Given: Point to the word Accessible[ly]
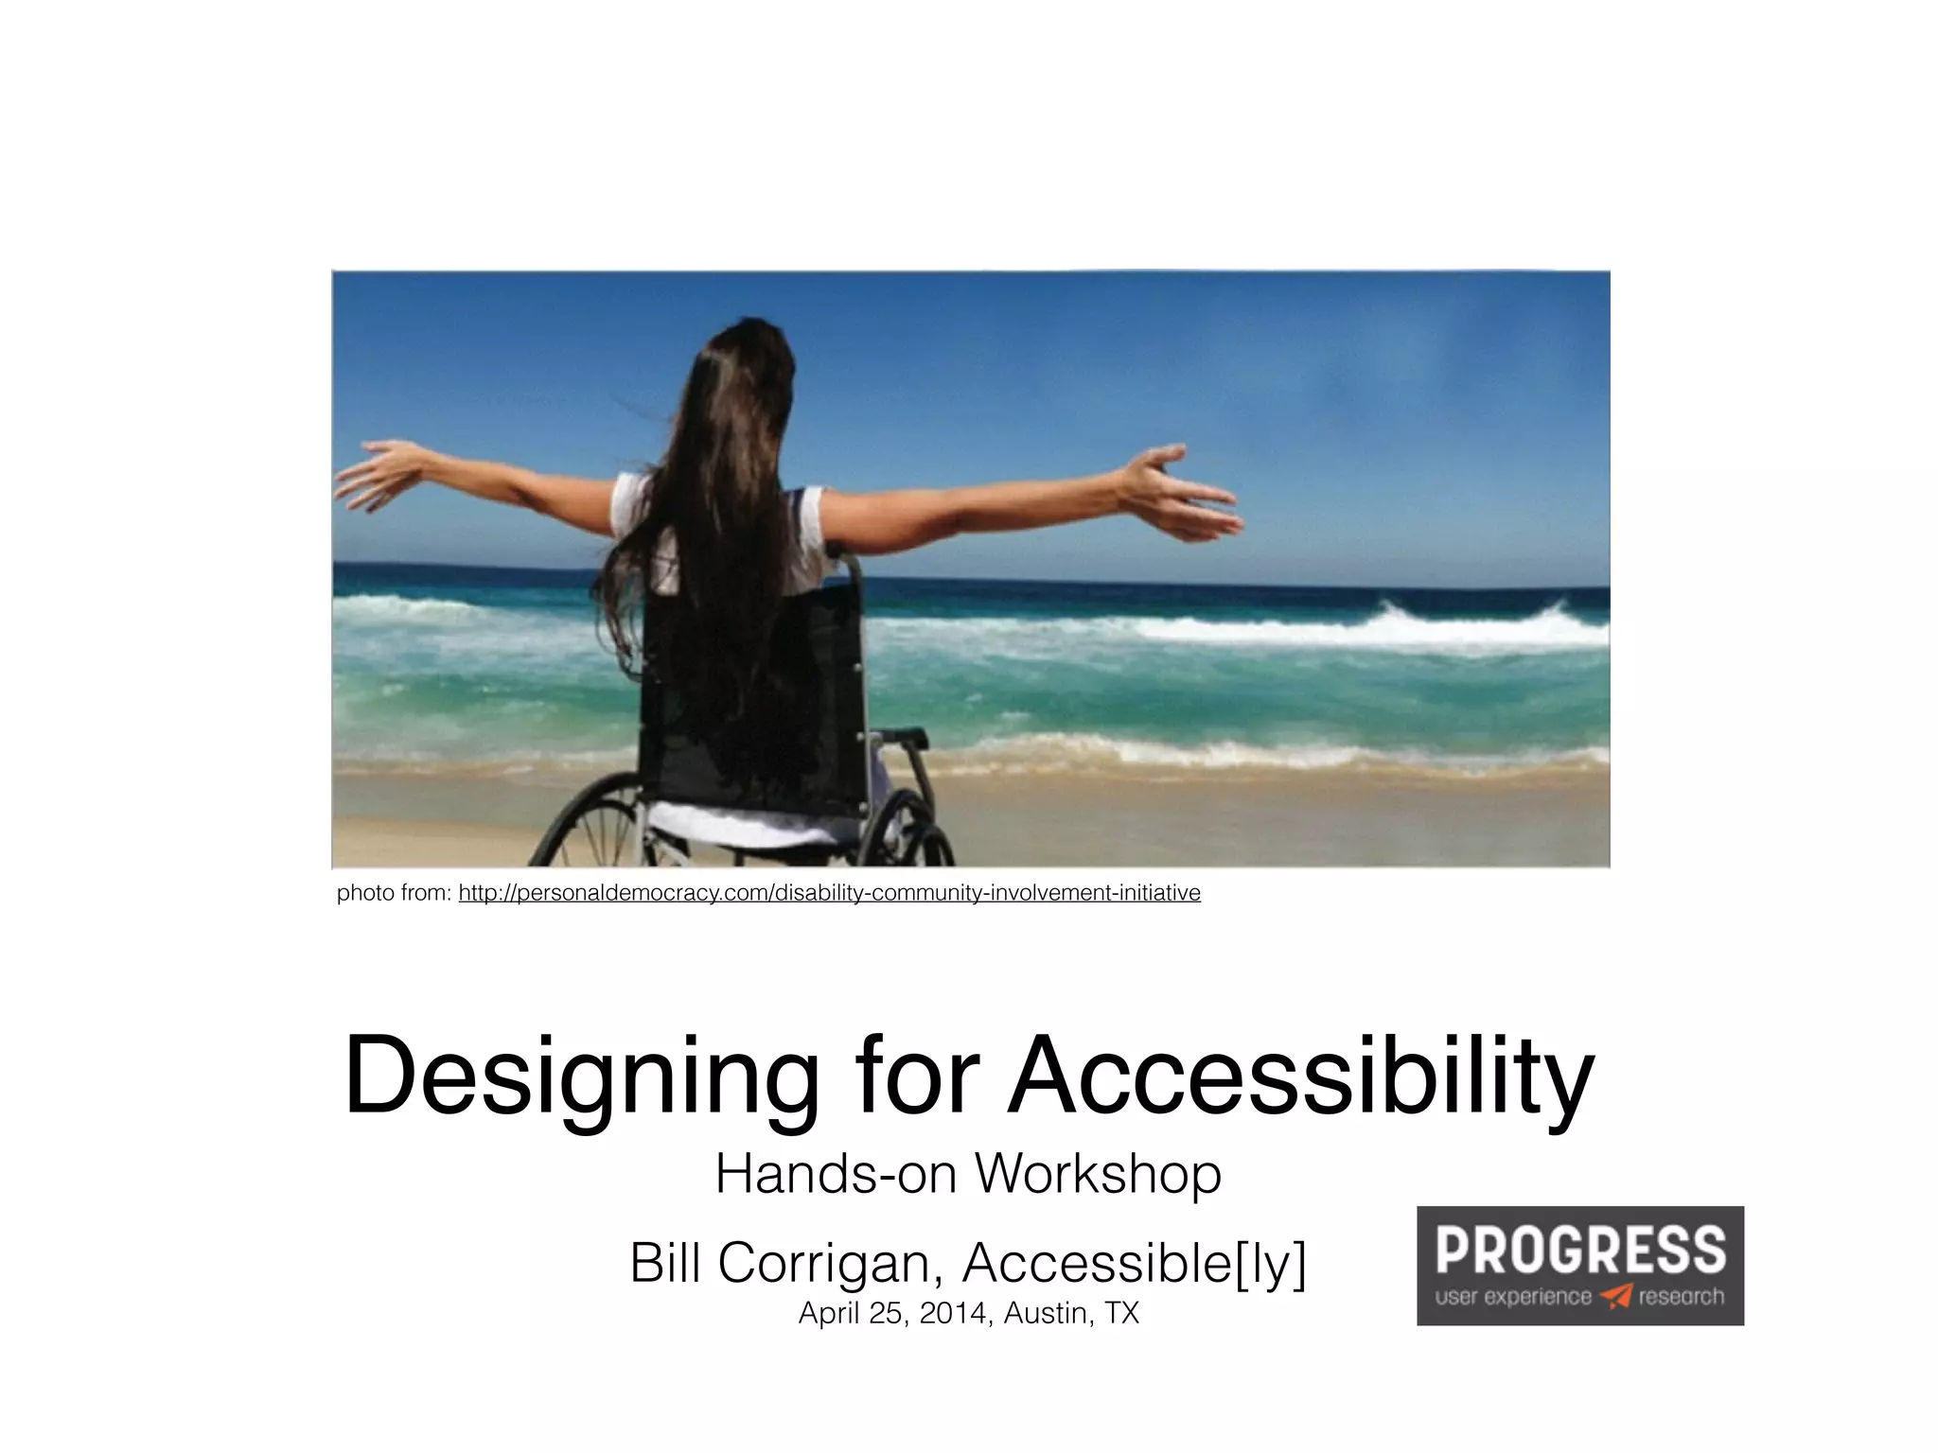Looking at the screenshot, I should point(1134,1263).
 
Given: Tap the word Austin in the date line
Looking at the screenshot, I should point(1044,1314).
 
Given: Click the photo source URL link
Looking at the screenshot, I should point(829,893).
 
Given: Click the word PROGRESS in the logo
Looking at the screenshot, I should point(1580,1250).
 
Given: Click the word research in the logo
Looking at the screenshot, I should point(1681,1296).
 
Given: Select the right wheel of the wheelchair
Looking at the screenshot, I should point(913,832).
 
